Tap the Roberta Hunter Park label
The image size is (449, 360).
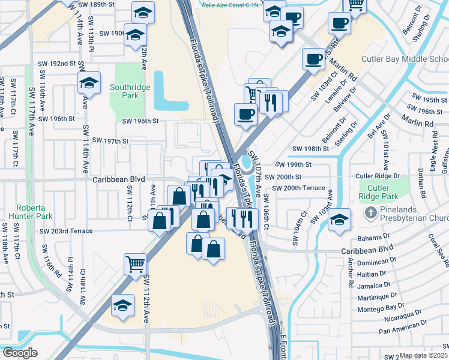[27, 211]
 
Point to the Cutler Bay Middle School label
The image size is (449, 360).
[405, 59]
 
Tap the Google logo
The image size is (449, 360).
[20, 353]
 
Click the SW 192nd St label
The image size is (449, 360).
[63, 63]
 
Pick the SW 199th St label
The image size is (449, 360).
[293, 164]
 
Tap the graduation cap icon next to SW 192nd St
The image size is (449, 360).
[89, 83]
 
